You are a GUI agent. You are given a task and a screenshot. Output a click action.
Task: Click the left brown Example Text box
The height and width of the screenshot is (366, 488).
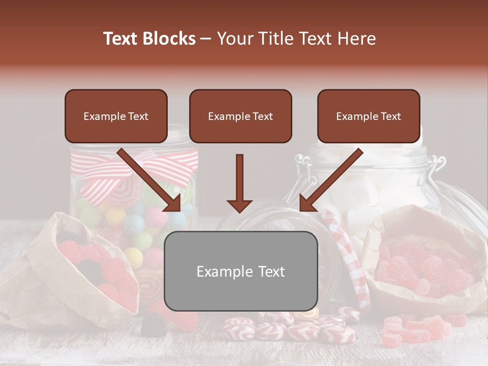116,116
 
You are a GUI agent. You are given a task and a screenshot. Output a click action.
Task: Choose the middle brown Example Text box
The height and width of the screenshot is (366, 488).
240,116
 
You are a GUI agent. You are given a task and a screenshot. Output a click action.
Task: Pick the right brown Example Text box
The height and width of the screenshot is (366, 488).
369,116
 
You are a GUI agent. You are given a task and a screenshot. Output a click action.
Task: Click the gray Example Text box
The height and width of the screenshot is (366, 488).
241,271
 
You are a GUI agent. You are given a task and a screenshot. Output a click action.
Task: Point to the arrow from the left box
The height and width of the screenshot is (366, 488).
150,180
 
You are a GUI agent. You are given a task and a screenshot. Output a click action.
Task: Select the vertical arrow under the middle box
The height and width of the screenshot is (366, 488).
239,183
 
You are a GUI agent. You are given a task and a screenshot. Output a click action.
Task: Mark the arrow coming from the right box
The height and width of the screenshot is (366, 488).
330,180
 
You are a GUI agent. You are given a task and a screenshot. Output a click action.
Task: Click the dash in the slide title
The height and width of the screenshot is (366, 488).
206,39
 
